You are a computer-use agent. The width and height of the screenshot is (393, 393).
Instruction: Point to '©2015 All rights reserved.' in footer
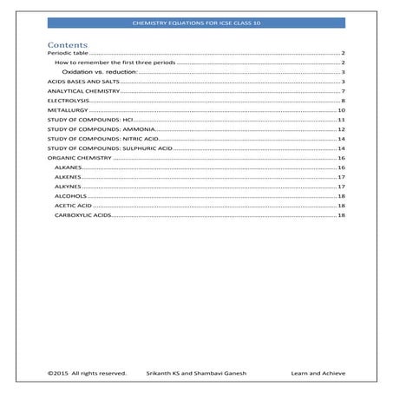click(x=86, y=374)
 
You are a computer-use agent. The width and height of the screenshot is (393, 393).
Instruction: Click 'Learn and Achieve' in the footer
click(x=318, y=374)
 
